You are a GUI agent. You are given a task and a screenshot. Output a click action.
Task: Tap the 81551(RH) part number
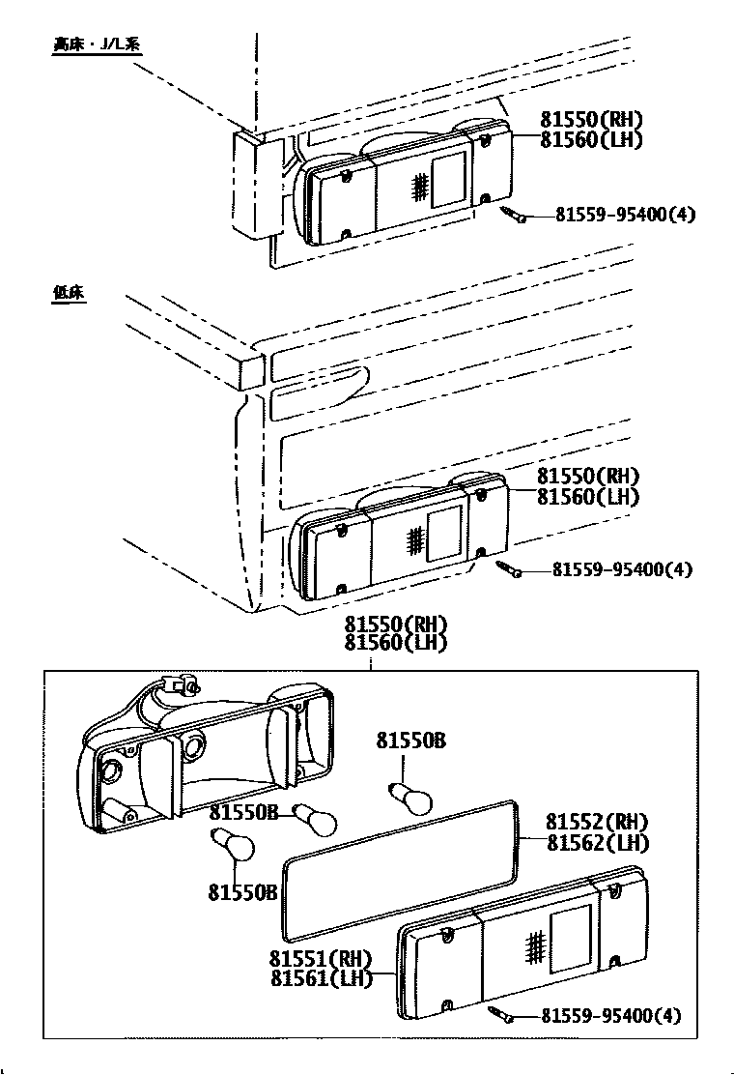pyautogui.click(x=321, y=959)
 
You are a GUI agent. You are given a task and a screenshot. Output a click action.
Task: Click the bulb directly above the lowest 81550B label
pyautogui.click(x=233, y=848)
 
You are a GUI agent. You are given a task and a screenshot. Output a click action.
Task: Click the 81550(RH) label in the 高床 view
pyautogui.click(x=591, y=120)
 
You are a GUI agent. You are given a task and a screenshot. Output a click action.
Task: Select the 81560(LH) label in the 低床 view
pyautogui.click(x=588, y=497)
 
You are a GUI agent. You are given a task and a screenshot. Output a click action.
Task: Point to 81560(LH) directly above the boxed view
pyautogui.click(x=397, y=643)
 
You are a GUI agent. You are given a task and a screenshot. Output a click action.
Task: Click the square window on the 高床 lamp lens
pyautogui.click(x=448, y=179)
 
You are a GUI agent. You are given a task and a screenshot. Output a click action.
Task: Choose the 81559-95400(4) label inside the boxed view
pyautogui.click(x=610, y=1016)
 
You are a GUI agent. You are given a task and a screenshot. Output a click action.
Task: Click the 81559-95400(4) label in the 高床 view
pyautogui.click(x=625, y=215)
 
